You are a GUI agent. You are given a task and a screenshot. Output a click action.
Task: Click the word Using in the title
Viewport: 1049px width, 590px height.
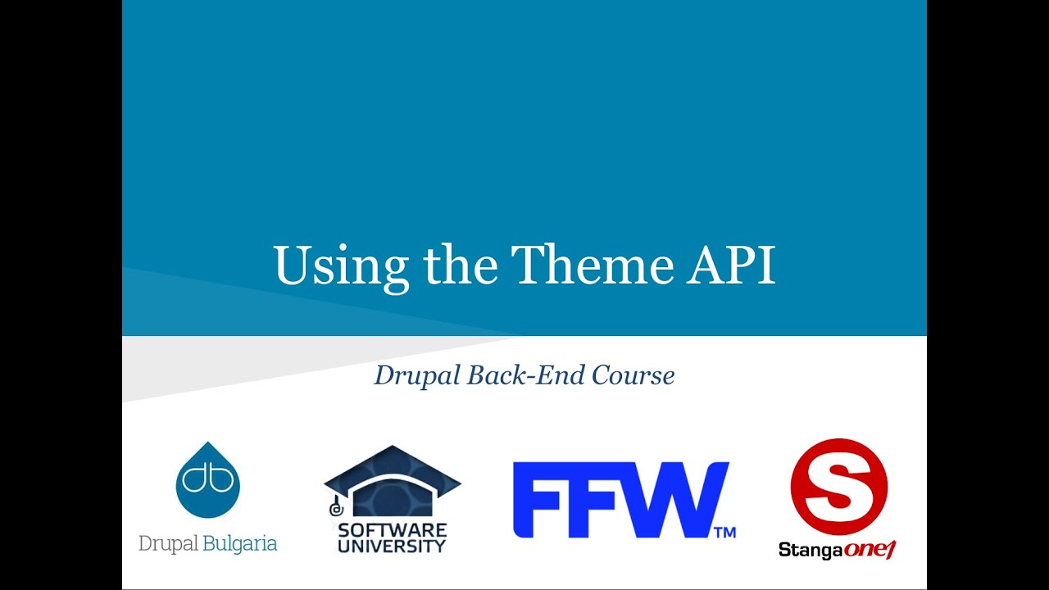tap(341, 265)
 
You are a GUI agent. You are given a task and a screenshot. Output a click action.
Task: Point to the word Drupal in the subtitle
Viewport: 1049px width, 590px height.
tap(417, 375)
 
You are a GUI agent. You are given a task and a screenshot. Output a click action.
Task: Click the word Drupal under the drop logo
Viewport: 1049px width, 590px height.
tap(169, 544)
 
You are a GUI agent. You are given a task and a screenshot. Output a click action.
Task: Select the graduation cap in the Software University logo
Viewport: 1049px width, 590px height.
tap(393, 480)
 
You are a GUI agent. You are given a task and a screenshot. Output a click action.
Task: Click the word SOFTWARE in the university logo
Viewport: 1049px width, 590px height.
tap(393, 530)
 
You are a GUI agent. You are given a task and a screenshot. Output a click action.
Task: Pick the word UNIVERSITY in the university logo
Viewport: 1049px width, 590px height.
tap(393, 546)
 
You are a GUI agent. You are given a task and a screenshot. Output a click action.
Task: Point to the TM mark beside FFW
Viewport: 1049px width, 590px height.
tap(724, 533)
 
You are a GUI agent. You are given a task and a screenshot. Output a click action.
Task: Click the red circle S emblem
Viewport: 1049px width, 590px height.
tap(838, 487)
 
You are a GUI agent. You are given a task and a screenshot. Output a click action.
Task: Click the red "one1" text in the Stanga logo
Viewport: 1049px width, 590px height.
tap(870, 550)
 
